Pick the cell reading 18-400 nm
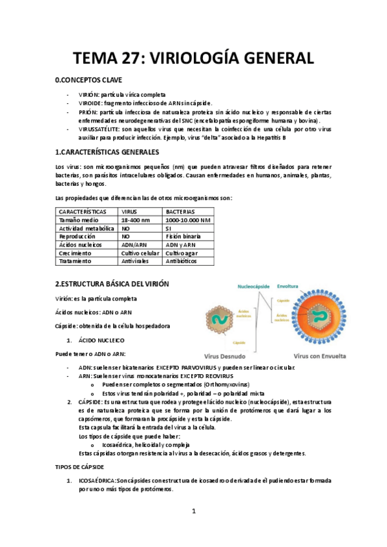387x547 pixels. [135, 220]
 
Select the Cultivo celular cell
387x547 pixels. [141, 254]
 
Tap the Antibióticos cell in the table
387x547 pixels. [184, 262]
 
